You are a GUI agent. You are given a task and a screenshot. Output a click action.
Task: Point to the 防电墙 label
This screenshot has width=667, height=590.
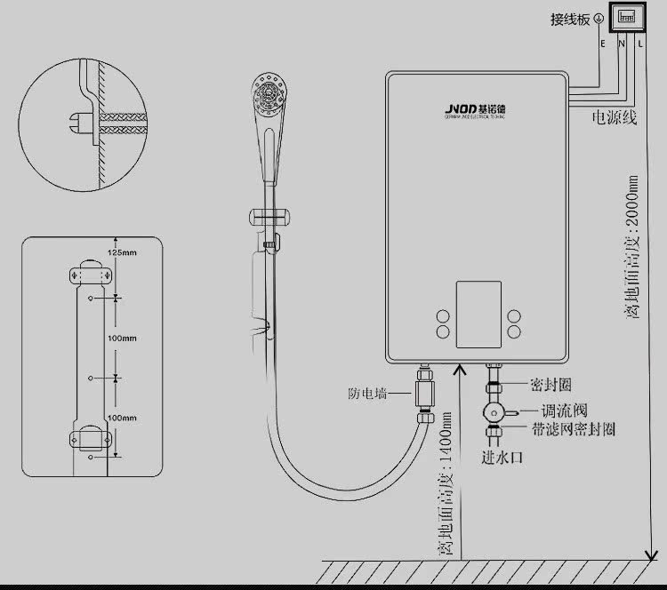point(368,394)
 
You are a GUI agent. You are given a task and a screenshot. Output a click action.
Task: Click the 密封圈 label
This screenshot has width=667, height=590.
point(550,385)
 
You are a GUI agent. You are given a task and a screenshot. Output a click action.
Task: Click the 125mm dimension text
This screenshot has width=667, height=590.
point(122,252)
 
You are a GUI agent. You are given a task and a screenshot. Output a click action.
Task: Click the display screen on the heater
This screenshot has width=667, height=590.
point(479,315)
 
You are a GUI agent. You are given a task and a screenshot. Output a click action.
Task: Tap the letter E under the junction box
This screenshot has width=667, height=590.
point(603,43)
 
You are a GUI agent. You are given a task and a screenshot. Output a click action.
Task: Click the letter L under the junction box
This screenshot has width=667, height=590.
point(639,43)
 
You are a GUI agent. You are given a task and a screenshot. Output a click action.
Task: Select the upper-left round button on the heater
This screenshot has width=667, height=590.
point(443,315)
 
